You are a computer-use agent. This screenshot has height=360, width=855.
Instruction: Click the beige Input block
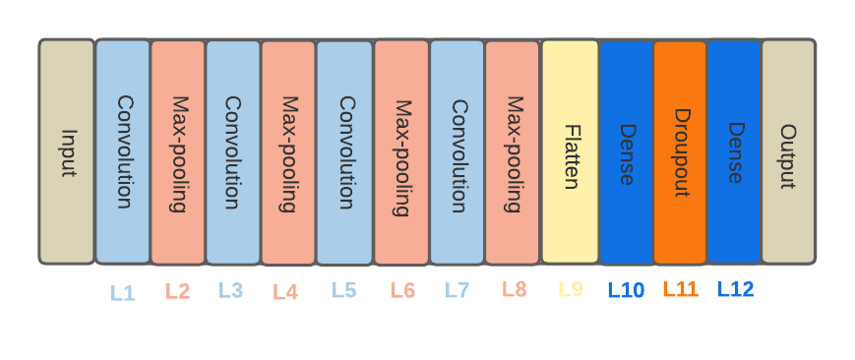(x=67, y=152)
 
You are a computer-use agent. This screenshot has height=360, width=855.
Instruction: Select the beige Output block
(x=788, y=152)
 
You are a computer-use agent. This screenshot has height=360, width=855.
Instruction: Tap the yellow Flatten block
(x=570, y=152)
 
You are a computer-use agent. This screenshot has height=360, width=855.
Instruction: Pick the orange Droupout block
(x=680, y=152)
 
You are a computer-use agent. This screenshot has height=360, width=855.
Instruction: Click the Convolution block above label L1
(x=123, y=152)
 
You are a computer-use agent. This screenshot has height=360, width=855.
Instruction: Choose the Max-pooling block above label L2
(x=178, y=152)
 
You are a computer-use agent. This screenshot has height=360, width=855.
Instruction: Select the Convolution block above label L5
(x=344, y=152)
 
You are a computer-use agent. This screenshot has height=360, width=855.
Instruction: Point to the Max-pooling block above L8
(x=513, y=152)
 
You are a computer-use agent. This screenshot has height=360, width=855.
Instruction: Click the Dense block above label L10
(x=626, y=152)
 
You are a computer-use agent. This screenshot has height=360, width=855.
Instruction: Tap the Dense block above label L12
(x=734, y=152)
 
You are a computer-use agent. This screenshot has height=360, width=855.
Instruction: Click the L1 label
(x=123, y=293)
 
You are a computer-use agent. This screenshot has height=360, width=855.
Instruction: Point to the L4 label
(x=285, y=292)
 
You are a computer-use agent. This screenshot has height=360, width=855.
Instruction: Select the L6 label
(x=402, y=291)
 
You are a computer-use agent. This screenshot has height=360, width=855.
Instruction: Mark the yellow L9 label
(x=571, y=289)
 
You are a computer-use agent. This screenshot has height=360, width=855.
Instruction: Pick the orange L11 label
(x=680, y=289)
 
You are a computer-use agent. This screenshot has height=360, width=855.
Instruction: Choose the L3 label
(x=231, y=291)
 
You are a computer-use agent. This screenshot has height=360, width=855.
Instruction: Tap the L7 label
(x=458, y=291)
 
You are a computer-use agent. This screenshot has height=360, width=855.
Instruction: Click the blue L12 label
(x=735, y=289)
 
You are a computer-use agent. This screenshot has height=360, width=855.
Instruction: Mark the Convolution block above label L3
(x=233, y=152)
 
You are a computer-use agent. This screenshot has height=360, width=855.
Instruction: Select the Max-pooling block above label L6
(x=401, y=152)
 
